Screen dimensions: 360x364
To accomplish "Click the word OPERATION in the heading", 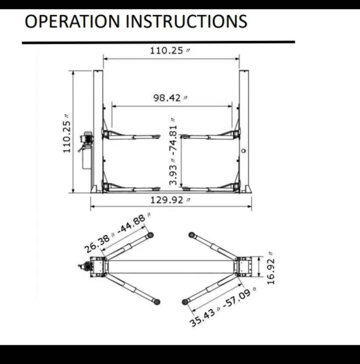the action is tap(72, 21).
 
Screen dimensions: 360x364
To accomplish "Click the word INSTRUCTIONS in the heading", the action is tap(187, 21).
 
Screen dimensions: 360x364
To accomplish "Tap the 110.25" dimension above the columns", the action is tap(170, 51).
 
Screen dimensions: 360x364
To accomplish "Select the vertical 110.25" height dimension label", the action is tap(67, 133).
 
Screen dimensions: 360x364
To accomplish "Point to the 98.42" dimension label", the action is tap(170, 98).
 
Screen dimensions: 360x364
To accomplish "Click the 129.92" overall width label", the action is tap(170, 200).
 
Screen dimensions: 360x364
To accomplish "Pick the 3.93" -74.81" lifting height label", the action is tap(173, 152).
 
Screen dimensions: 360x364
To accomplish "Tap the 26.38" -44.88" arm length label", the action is tap(117, 233).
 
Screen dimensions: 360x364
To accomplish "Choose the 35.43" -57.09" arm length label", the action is tap(223, 307).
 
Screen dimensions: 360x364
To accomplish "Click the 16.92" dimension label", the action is tap(271, 268).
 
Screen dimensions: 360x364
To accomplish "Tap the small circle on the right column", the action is tap(243, 151).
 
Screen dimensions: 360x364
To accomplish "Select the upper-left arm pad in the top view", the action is tap(150, 235).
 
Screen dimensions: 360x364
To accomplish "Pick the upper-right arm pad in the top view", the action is tap(192, 235).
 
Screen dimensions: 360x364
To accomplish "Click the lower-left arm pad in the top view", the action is tap(157, 302).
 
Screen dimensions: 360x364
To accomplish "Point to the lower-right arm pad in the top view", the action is tap(185, 302).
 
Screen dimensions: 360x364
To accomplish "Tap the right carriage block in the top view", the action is tap(244, 266).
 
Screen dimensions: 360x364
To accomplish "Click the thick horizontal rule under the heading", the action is tap(159, 42).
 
